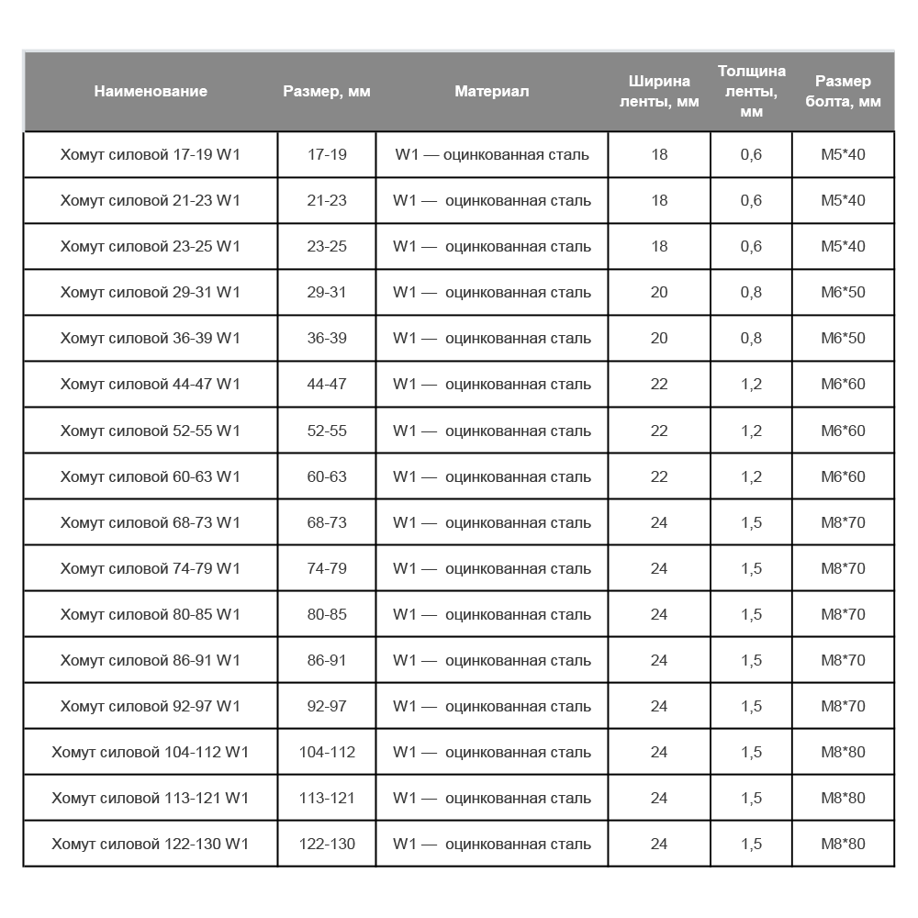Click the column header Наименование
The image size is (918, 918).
[x=151, y=92]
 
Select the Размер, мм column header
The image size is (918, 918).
[x=327, y=92]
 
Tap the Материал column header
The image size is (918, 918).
[x=492, y=92]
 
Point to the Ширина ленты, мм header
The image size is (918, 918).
[x=659, y=92]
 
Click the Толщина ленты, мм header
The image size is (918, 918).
[x=751, y=92]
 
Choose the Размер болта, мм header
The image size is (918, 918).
[x=843, y=92]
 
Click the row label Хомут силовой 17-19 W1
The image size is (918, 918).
[x=151, y=154]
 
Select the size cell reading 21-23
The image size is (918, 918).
[x=327, y=200]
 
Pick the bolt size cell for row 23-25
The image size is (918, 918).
[x=843, y=246]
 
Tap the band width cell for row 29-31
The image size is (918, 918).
[x=659, y=292]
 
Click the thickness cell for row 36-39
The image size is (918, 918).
[x=751, y=338]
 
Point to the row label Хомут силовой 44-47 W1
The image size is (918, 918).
[x=151, y=384]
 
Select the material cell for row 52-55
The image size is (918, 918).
[x=492, y=431]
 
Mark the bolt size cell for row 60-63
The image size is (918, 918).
[x=843, y=476]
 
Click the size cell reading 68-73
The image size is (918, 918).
[x=327, y=522]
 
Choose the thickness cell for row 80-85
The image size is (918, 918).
[x=751, y=614]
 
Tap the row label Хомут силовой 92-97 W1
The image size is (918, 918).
[x=151, y=706]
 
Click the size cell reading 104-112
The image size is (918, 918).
[x=327, y=752]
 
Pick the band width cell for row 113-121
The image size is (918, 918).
[x=659, y=798]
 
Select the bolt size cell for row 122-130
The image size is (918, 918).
[x=843, y=844]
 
